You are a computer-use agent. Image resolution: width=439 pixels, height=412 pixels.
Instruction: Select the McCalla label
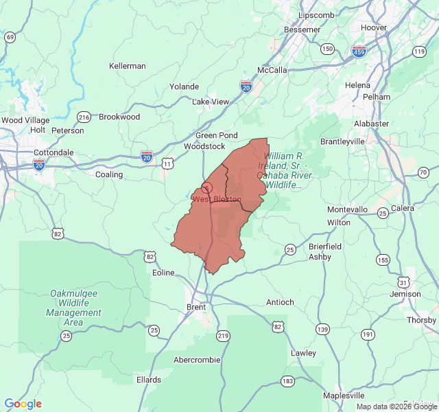[x=272, y=70]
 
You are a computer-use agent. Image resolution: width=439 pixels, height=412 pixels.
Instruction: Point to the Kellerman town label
[x=128, y=66]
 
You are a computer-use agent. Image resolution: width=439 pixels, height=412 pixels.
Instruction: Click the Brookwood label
[x=119, y=117]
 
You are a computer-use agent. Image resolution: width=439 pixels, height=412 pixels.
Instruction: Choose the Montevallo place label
[x=347, y=209]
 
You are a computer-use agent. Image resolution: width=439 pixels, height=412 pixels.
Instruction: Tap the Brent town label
[x=196, y=307]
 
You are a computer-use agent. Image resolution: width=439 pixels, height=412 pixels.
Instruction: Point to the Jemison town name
[x=405, y=294]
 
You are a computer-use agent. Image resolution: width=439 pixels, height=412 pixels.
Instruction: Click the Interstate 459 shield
[x=359, y=51]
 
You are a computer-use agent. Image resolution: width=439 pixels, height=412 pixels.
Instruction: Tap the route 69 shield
[x=10, y=37]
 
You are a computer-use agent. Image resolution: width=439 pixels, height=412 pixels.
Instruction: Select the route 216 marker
[x=84, y=117]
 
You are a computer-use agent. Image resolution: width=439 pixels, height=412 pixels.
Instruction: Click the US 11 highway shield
[x=167, y=163]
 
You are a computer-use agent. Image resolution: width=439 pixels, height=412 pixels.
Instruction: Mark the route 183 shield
[x=287, y=380]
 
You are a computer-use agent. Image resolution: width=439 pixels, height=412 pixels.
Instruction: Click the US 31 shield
[x=404, y=282]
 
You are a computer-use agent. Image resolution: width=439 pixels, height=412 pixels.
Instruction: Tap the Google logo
[x=23, y=404]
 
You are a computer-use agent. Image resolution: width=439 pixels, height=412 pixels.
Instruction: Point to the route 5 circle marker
[x=206, y=187]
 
